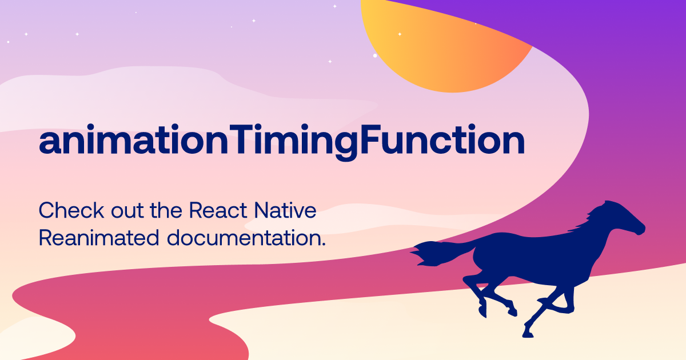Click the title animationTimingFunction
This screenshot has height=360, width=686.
(281, 142)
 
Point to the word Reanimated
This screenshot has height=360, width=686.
(98, 238)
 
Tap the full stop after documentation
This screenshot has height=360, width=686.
(323, 244)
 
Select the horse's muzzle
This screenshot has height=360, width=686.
(640, 229)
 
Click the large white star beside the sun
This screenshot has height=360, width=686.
(375, 55)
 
